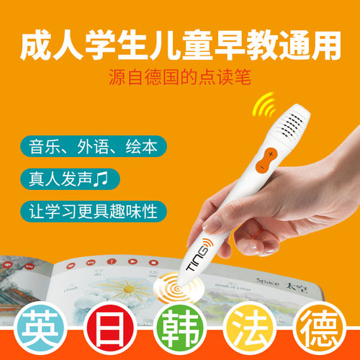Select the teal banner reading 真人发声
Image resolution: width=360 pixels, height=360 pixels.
point(68,177)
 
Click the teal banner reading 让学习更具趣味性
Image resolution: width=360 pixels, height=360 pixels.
point(94,211)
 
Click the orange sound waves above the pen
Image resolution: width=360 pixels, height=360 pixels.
point(262,107)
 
